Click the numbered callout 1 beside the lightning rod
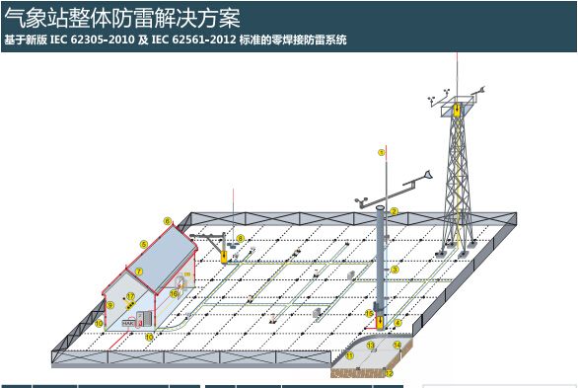coord(382,153)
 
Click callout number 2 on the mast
coord(394,211)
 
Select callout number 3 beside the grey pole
coord(395,269)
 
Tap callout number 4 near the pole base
coord(397,323)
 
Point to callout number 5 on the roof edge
coord(144,244)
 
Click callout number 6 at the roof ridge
coord(168,221)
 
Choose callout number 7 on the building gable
coord(140,271)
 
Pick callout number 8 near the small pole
coord(240,238)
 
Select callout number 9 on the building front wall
coord(110,306)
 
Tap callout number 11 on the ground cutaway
coord(350,354)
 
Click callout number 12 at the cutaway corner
coord(389,372)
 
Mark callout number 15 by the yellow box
coord(369,314)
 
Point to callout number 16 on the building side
coord(174,292)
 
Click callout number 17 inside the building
coord(129,297)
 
